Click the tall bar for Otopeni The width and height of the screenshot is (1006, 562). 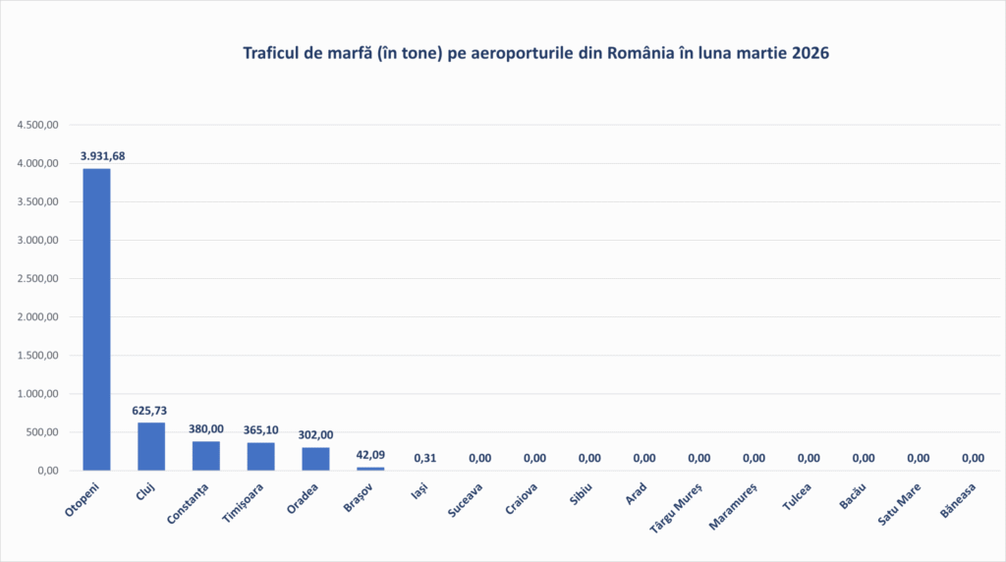[x=96, y=319]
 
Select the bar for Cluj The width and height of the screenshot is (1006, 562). [x=151, y=446]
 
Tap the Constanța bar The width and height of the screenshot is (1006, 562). [x=206, y=456]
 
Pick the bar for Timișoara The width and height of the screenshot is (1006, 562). [x=261, y=456]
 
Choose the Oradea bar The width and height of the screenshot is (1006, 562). [x=315, y=459]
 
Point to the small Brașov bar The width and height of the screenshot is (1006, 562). [x=370, y=468]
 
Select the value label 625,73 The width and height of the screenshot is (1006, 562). [x=151, y=411]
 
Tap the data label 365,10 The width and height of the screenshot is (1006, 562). [x=261, y=430]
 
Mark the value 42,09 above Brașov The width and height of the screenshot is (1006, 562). [x=370, y=455]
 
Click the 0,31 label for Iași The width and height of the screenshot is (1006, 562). [x=425, y=458]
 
